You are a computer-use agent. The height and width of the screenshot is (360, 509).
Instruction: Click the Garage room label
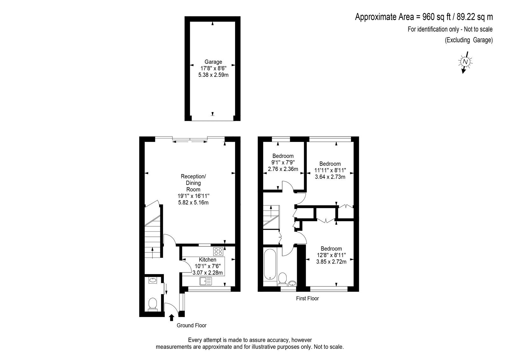coord(213,62)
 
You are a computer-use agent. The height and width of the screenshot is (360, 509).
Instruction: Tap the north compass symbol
coord(465,62)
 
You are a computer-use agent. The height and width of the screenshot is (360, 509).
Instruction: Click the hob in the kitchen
coord(218,251)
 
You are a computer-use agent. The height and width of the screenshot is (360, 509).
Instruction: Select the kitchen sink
coord(206,281)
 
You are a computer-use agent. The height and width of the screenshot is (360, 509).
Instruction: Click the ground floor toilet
coord(153,305)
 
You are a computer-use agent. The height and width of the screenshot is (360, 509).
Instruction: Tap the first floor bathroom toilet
coord(282,279)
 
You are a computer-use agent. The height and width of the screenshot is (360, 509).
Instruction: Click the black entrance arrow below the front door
coord(172,317)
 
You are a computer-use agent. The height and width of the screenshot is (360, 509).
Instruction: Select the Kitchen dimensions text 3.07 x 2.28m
coord(207,272)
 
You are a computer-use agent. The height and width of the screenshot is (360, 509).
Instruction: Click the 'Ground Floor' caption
coord(192,325)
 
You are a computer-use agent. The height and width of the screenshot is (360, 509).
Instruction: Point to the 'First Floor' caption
coord(307,298)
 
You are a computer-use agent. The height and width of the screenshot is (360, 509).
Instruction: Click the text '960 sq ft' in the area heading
coord(436,17)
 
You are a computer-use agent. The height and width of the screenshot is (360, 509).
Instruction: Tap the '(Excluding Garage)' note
coord(469,40)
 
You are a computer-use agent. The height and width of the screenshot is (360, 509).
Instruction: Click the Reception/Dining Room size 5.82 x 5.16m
coord(193,202)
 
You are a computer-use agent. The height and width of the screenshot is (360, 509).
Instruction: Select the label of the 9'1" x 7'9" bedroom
coord(283,156)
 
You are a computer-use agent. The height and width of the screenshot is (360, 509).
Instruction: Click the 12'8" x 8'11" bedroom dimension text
coord(331,255)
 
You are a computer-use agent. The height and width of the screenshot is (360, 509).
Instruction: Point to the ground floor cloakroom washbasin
coord(153,280)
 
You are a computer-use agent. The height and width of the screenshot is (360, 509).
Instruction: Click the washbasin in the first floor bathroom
coord(292,283)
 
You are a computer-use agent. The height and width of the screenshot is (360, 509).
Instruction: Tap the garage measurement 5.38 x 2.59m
coord(213,75)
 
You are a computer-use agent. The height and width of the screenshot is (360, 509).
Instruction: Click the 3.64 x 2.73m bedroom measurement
coord(330,177)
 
